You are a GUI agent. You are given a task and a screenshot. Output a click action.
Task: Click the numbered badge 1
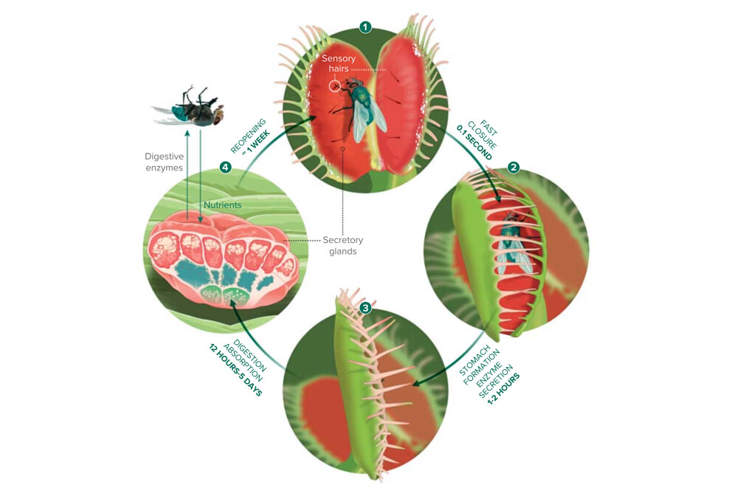point(365,27)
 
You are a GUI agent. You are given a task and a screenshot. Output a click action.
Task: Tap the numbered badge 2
point(514,168)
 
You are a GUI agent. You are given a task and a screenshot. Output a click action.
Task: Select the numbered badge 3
point(365,307)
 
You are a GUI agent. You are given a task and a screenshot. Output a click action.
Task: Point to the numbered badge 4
point(226,167)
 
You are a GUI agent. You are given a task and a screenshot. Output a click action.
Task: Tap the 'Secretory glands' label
point(343,245)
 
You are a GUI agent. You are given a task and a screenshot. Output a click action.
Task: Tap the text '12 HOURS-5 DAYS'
point(235,370)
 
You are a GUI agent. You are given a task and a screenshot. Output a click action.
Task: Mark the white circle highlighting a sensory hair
point(335,86)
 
